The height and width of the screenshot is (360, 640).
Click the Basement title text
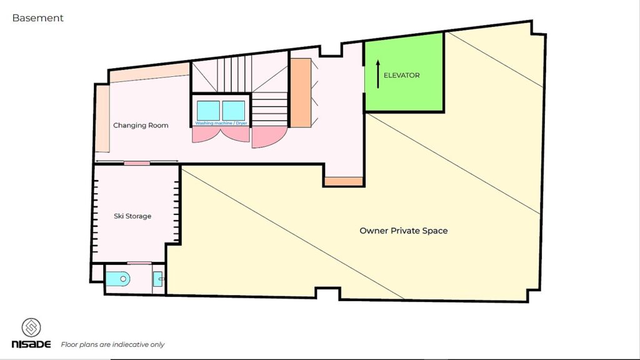coord(38,18)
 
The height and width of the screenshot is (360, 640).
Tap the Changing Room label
coord(141,125)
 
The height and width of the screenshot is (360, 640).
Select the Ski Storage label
coord(132,216)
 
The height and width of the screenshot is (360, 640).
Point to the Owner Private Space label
coord(404,231)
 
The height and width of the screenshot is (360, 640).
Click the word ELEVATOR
coord(402,75)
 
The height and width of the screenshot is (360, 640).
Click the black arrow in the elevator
coord(378,74)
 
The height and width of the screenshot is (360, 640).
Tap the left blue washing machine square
coord(208,111)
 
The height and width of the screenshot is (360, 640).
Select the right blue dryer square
coord(234,111)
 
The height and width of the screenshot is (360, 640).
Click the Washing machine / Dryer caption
coord(221,123)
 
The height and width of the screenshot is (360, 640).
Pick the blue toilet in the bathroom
coord(117,279)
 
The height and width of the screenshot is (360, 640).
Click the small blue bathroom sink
coord(158,279)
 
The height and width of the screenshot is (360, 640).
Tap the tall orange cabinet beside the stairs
coord(301,92)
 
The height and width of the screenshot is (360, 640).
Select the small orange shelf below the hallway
coord(344,182)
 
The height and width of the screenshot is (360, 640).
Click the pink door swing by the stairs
coord(267,137)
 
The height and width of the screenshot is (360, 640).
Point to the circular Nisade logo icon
coord(31,327)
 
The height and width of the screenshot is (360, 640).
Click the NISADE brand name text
coord(31,344)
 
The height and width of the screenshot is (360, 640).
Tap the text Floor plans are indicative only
coord(112,344)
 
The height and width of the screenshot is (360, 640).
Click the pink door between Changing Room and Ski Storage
coord(137,163)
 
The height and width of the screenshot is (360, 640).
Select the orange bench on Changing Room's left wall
coord(102,118)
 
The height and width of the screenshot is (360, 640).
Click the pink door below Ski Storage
coord(139,263)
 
